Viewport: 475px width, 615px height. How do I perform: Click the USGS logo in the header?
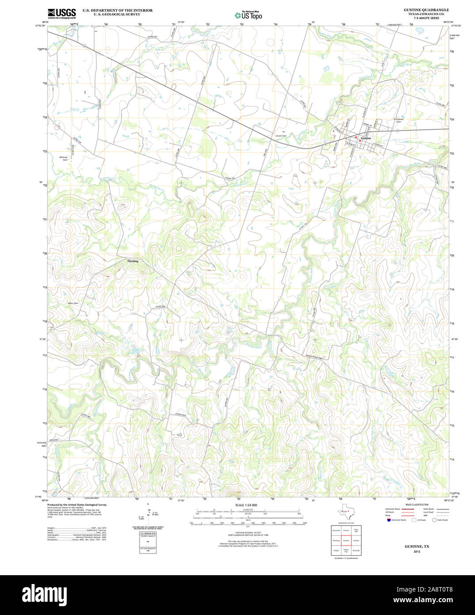(61, 13)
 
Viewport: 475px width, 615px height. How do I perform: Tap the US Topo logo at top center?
(248, 15)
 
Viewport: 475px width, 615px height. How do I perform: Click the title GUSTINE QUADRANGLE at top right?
(426, 10)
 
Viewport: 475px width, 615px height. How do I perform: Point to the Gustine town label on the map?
(365, 138)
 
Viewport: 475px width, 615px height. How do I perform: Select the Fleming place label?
(133, 261)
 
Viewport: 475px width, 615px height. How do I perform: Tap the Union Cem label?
(281, 136)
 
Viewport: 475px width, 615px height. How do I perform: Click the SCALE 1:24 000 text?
(246, 505)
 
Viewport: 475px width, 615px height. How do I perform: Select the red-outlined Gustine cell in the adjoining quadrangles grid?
(346, 540)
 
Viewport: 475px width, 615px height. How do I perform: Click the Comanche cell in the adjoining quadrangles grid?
(336, 530)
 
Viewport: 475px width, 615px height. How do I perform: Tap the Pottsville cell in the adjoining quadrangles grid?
(356, 550)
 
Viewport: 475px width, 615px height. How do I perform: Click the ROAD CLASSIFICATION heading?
(417, 505)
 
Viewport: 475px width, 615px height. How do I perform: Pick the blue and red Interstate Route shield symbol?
(388, 520)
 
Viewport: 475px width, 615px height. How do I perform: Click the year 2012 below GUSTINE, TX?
(417, 552)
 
